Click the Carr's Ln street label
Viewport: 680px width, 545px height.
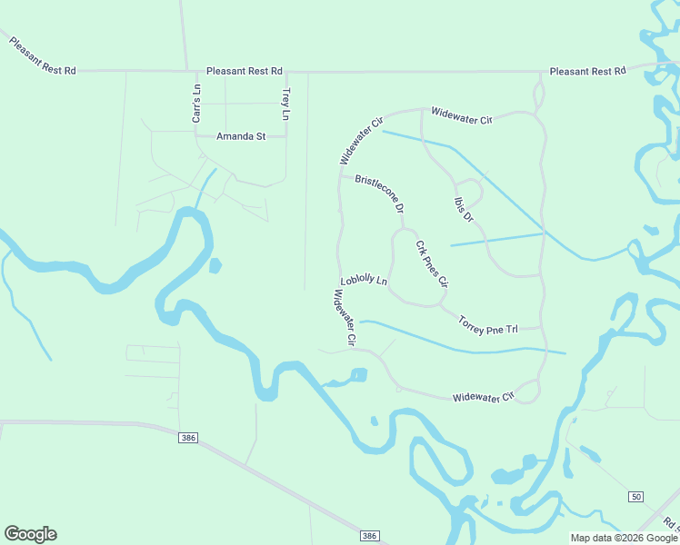click(196, 104)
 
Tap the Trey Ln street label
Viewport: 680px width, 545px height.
click(285, 104)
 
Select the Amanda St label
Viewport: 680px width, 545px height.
click(240, 136)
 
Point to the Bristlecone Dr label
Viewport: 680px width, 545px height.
click(379, 193)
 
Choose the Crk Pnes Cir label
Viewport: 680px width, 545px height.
click(432, 264)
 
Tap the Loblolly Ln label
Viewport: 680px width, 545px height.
click(364, 282)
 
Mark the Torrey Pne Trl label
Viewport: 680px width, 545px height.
click(487, 323)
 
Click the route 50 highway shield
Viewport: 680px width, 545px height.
click(635, 496)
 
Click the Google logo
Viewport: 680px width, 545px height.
click(30, 534)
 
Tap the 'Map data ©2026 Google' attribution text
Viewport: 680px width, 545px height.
click(623, 538)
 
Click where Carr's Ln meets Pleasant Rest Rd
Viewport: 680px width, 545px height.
click(196, 71)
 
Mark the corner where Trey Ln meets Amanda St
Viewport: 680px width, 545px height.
click(285, 136)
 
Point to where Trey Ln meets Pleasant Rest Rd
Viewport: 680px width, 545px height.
click(285, 71)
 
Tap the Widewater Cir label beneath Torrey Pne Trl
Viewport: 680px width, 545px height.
click(484, 397)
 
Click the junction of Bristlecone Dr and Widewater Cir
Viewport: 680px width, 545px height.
click(341, 176)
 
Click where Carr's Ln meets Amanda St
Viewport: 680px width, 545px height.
click(196, 136)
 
